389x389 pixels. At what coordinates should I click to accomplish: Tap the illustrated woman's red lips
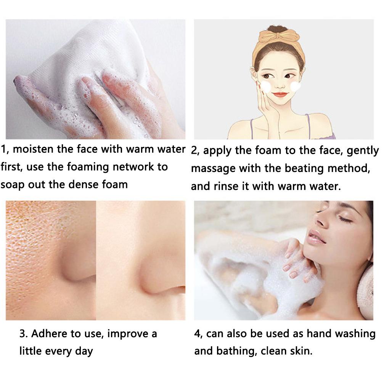pyautogui.click(x=280, y=94)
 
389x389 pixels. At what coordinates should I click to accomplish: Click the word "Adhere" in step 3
pyautogui.click(x=49, y=334)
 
